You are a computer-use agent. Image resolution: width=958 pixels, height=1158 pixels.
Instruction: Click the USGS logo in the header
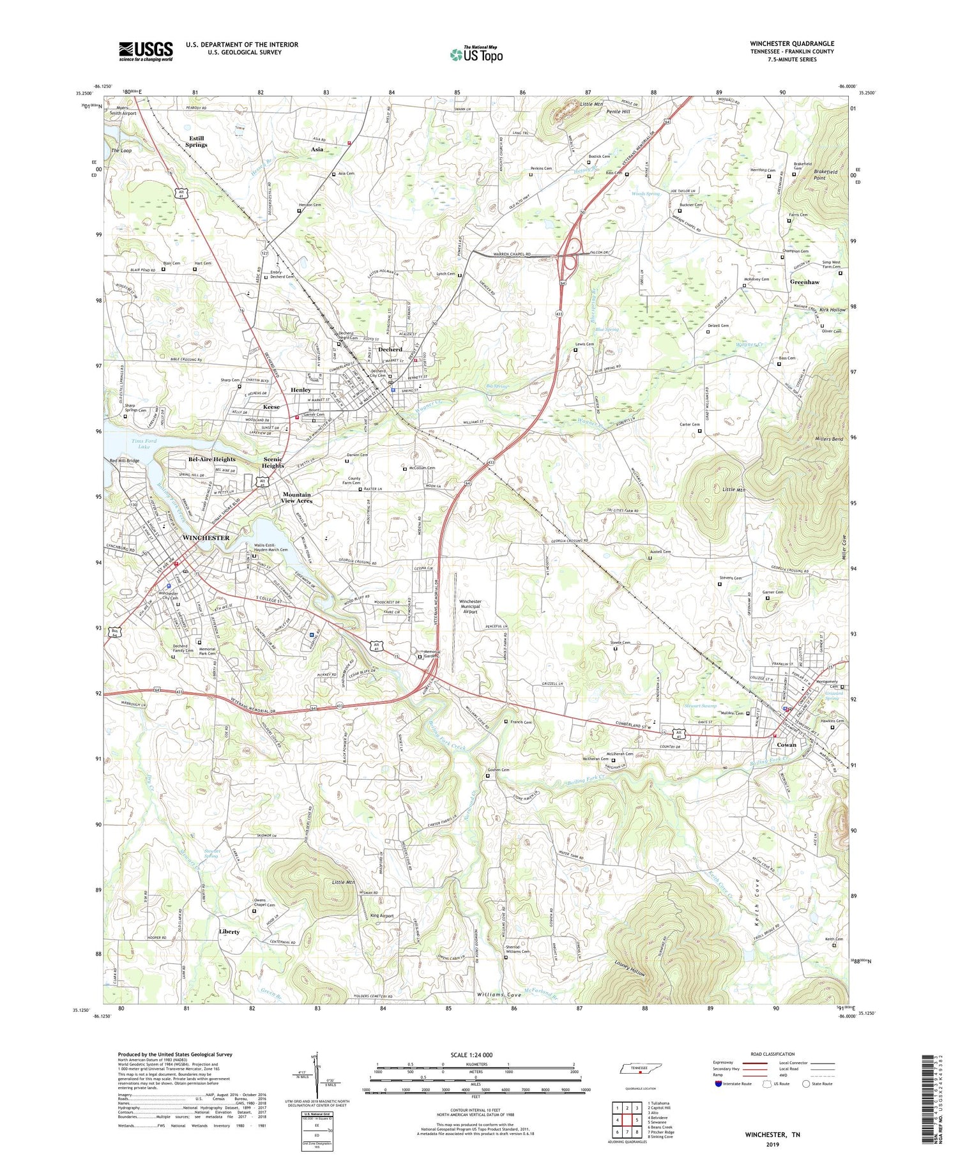tap(146, 51)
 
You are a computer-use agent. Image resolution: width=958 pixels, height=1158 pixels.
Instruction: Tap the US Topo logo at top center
tap(476, 54)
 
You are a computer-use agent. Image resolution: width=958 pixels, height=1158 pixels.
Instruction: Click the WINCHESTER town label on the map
tap(206, 538)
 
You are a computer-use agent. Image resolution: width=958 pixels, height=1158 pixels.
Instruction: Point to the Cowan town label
tap(786, 745)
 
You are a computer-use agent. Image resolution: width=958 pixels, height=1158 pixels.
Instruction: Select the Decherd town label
tap(390, 349)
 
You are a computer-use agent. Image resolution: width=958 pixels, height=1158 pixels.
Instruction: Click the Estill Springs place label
tap(196, 141)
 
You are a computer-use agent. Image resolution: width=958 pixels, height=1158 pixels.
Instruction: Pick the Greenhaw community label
tap(804, 282)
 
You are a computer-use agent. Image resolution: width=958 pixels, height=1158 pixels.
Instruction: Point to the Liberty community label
tap(229, 932)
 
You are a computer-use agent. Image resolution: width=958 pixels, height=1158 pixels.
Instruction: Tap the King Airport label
tap(382, 916)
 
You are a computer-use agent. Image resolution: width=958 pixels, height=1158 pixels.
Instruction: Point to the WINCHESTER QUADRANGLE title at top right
tap(792, 43)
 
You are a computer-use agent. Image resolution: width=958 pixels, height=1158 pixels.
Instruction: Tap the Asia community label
tap(317, 149)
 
